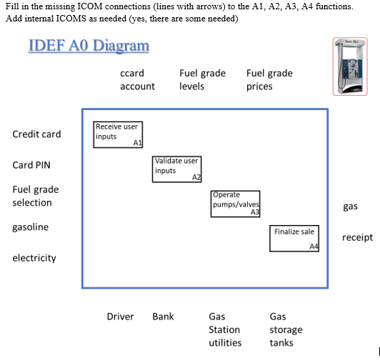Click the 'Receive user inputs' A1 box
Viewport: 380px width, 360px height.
pyautogui.click(x=118, y=134)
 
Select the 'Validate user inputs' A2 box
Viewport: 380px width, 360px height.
pyautogui.click(x=177, y=169)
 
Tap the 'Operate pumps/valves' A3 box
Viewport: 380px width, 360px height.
pyautogui.click(x=236, y=204)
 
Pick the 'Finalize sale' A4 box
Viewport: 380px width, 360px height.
pyautogui.click(x=294, y=239)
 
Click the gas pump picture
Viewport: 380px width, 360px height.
pyautogui.click(x=350, y=66)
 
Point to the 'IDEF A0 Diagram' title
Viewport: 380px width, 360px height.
pyautogui.click(x=89, y=45)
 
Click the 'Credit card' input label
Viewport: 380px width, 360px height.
pyautogui.click(x=36, y=134)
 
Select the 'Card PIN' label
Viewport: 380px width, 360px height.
pyautogui.click(x=31, y=165)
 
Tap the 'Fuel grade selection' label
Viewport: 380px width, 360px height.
pyautogui.click(x=36, y=196)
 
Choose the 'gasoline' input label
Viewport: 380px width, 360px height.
pyautogui.click(x=31, y=227)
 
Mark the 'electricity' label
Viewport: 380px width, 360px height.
pyautogui.click(x=34, y=258)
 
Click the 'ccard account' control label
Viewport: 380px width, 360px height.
pyautogui.click(x=137, y=80)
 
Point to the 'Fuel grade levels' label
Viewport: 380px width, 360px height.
pyautogui.click(x=203, y=80)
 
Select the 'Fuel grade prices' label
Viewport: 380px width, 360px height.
pyautogui.click(x=269, y=80)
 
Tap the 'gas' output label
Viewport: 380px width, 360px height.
pyautogui.click(x=350, y=206)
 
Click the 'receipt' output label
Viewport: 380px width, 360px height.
pyautogui.click(x=357, y=238)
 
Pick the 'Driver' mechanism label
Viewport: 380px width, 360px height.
pyautogui.click(x=120, y=316)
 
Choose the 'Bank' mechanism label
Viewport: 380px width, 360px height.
pyautogui.click(x=163, y=316)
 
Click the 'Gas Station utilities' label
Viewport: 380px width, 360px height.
pyautogui.click(x=225, y=330)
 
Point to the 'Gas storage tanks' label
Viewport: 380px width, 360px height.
pyautogui.click(x=286, y=330)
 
